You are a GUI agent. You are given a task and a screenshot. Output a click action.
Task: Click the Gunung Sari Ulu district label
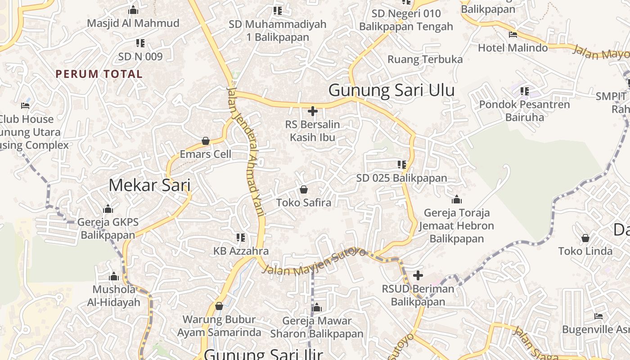pyautogui.click(x=391, y=90)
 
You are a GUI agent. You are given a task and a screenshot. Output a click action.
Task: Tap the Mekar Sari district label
pyautogui.click(x=149, y=185)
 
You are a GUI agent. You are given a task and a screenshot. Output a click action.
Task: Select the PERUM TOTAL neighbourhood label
pyautogui.click(x=99, y=74)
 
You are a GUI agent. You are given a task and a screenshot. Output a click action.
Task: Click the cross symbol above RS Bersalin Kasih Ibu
pyautogui.click(x=313, y=111)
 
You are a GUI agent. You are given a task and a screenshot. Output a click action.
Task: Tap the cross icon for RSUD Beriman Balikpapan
pyautogui.click(x=418, y=275)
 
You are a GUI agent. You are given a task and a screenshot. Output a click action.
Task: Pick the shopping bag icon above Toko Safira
pyautogui.click(x=304, y=189)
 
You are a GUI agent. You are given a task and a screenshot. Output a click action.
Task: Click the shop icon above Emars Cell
pyautogui.click(x=206, y=141)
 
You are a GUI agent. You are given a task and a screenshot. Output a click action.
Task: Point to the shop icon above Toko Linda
pyautogui.click(x=585, y=238)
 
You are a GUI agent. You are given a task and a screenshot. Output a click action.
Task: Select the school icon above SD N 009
pyautogui.click(x=140, y=43)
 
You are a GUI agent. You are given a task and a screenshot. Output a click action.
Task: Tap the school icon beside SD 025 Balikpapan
pyautogui.click(x=402, y=165)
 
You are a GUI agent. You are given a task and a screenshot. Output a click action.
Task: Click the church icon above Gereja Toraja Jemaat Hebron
pyautogui.click(x=457, y=199)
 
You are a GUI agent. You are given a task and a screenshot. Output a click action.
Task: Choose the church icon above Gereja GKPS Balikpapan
pyautogui.click(x=108, y=209)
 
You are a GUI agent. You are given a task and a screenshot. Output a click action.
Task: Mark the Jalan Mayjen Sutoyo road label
pyautogui.click(x=314, y=264)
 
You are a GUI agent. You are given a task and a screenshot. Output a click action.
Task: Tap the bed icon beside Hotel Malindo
pyautogui.click(x=513, y=35)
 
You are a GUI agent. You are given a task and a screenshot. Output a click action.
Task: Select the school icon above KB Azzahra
pyautogui.click(x=241, y=237)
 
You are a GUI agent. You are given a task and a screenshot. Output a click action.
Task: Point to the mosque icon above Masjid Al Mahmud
pyautogui.click(x=133, y=10)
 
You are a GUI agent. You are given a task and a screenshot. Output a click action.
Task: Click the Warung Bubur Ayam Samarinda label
pyautogui.click(x=219, y=326)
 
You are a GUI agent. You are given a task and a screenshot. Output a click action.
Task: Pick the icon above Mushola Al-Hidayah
pyautogui.click(x=114, y=276)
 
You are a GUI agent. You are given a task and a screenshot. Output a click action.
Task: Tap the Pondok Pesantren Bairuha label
pyautogui.click(x=524, y=111)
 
